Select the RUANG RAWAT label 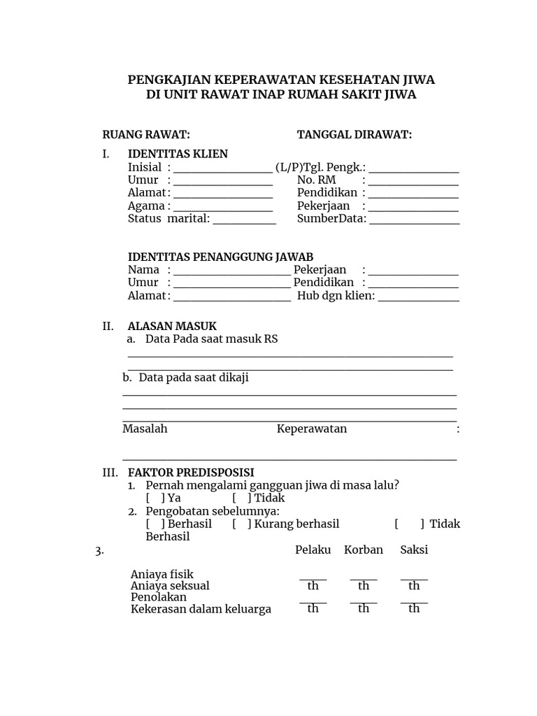click(146, 135)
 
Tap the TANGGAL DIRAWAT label click(355, 135)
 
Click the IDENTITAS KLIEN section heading click(178, 154)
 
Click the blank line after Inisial click(223, 169)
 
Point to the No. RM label click(317, 180)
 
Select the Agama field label click(146, 206)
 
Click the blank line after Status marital click(245, 220)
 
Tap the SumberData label click(331, 219)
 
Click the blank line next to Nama click(231, 271)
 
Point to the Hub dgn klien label click(336, 296)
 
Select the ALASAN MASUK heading click(172, 326)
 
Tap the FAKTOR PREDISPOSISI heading click(191, 473)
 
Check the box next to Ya click(156, 499)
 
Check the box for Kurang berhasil click(242, 524)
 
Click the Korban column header click(364, 550)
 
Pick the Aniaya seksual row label click(170, 586)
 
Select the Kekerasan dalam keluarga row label click(201, 609)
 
